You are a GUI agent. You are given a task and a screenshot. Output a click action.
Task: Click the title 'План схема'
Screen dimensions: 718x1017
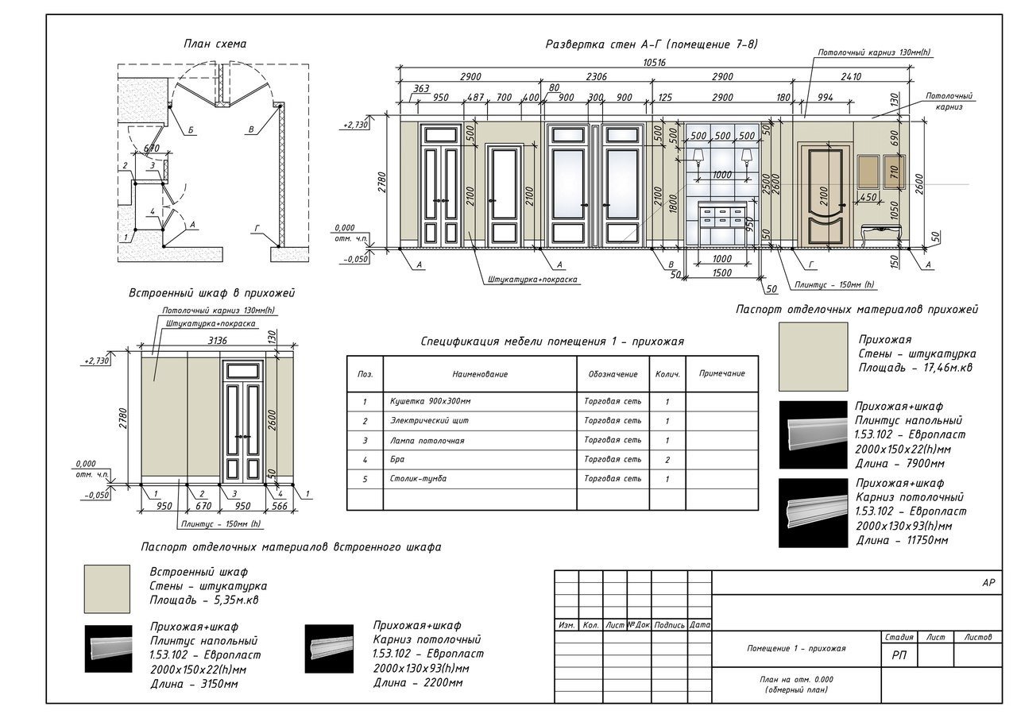tap(215, 44)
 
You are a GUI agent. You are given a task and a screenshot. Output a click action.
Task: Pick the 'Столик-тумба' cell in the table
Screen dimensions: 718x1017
tap(419, 479)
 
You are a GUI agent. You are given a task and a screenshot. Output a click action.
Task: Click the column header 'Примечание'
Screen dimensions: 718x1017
tap(722, 373)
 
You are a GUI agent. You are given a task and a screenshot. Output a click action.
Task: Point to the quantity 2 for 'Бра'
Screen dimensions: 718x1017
tap(667, 460)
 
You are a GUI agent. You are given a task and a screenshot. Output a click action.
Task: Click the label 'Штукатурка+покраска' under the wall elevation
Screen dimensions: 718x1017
tap(532, 280)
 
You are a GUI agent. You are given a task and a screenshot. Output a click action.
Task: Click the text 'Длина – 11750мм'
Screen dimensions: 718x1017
tap(902, 541)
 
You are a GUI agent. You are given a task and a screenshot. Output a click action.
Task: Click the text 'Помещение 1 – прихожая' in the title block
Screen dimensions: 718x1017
tap(796, 648)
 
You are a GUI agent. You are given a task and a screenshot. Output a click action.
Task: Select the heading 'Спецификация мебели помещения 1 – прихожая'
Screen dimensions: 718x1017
tap(552, 342)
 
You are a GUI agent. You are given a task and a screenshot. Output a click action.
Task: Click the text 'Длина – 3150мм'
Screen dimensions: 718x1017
tap(194, 683)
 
